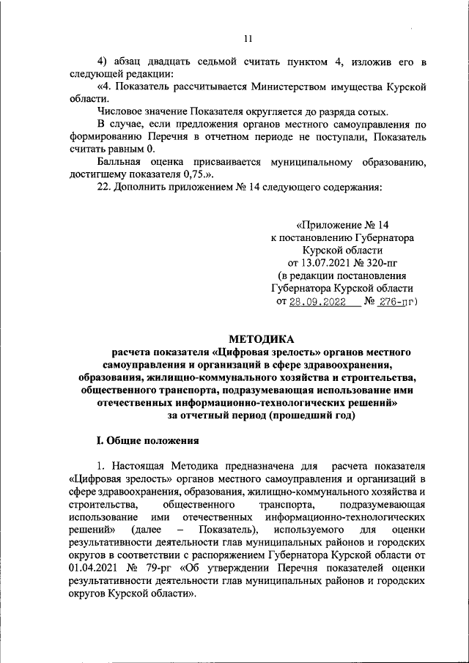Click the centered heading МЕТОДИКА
[261, 338]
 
